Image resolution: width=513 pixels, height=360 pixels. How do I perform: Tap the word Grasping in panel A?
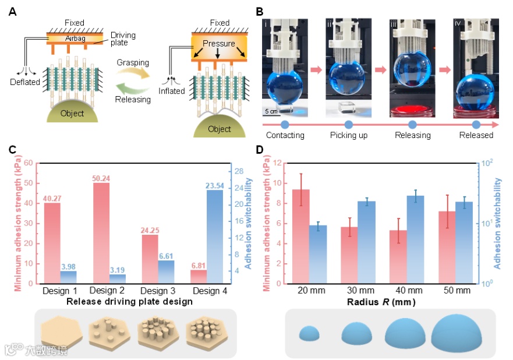(133, 62)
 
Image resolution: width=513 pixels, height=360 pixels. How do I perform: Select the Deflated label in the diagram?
(24, 82)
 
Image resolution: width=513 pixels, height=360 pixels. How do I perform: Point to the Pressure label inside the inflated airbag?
(219, 44)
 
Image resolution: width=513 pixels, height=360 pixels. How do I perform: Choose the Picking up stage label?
(348, 135)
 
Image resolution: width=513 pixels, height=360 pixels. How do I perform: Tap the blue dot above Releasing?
(412, 124)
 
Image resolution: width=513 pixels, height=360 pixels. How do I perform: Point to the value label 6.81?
(199, 265)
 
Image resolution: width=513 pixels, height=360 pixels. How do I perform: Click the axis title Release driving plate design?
(129, 301)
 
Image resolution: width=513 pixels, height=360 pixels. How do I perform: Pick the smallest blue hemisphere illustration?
(310, 333)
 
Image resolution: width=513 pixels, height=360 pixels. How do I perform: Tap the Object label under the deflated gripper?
(72, 113)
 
